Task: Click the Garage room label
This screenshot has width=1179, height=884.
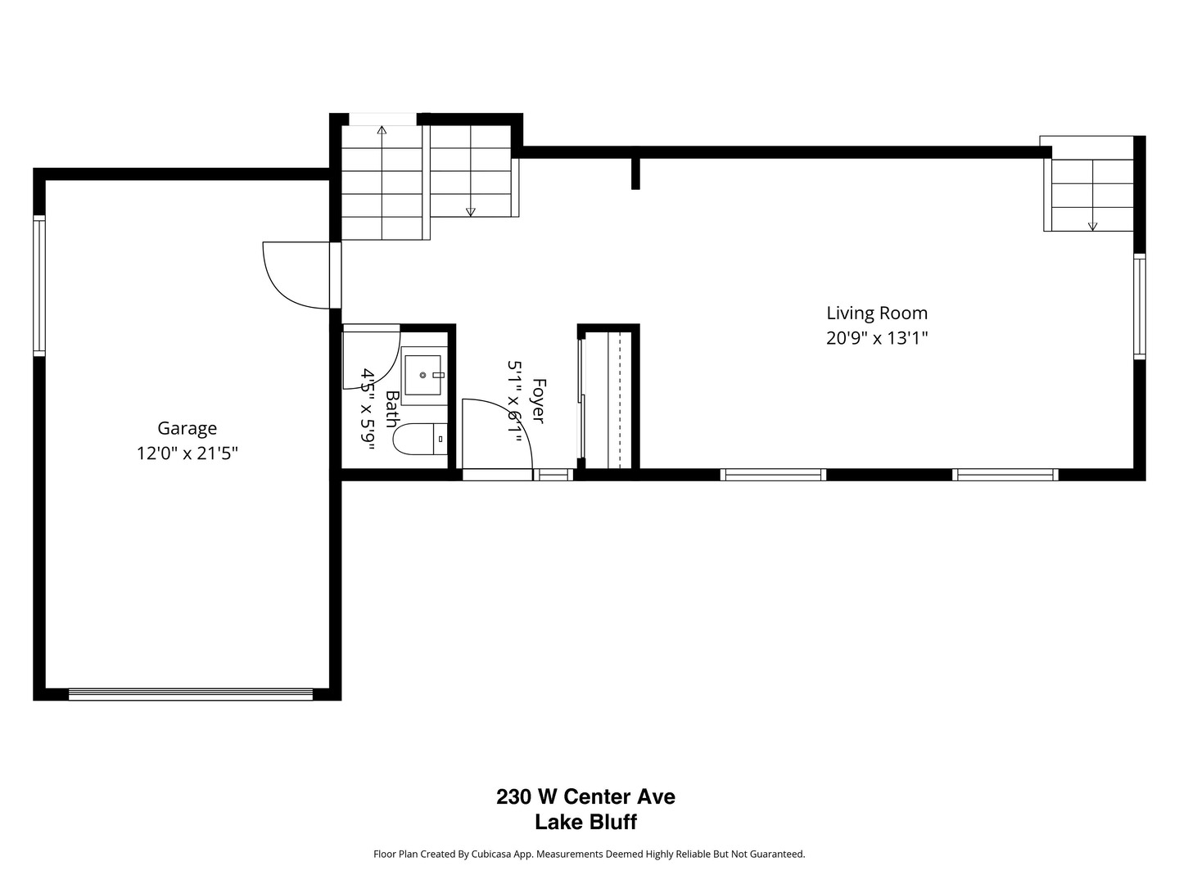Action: click(187, 428)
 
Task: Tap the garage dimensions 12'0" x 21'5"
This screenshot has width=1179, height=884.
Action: click(187, 453)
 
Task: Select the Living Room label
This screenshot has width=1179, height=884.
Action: click(876, 313)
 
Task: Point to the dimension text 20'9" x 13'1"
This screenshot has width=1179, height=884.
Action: click(876, 338)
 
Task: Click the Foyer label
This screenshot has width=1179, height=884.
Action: click(538, 401)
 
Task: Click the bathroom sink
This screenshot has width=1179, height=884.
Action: click(422, 375)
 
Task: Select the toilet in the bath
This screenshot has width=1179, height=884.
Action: click(419, 440)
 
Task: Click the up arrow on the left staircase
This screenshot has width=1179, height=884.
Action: click(382, 129)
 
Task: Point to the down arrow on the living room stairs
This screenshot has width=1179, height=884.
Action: click(1092, 226)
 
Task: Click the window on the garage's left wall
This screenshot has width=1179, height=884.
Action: click(38, 285)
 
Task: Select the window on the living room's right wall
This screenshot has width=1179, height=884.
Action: click(1139, 306)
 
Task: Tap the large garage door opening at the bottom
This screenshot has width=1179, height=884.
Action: click(190, 695)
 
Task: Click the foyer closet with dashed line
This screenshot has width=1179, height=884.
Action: click(608, 400)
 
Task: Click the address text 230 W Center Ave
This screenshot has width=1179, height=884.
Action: click(585, 796)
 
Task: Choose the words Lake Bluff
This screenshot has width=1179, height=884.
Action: click(585, 823)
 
